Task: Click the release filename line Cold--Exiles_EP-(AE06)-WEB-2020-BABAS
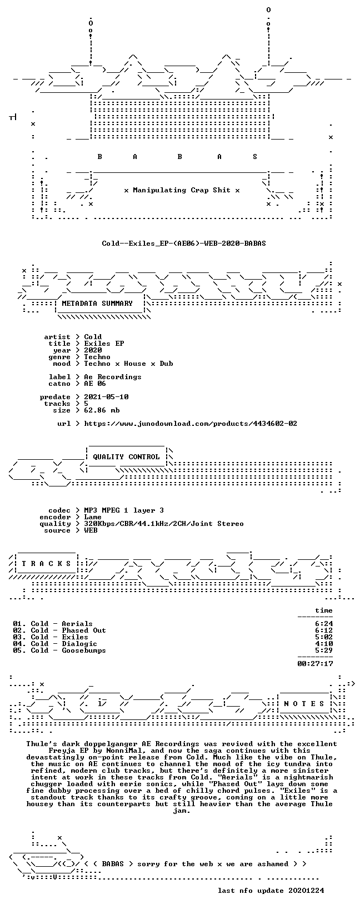[183, 244]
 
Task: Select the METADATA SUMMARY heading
[97, 304]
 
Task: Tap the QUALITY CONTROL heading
[126, 457]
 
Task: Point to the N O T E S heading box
[304, 703]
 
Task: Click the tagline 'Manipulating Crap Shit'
[182, 190]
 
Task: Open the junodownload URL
[191, 424]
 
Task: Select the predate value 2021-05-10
[106, 396]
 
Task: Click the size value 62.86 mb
[102, 410]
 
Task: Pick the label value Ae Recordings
[113, 377]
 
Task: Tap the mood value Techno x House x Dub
[128, 364]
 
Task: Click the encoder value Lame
[93, 517]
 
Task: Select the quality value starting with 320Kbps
[163, 524]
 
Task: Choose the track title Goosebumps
[83, 650]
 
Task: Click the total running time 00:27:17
[315, 664]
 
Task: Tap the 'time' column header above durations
[324, 610]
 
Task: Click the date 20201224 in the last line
[306, 890]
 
